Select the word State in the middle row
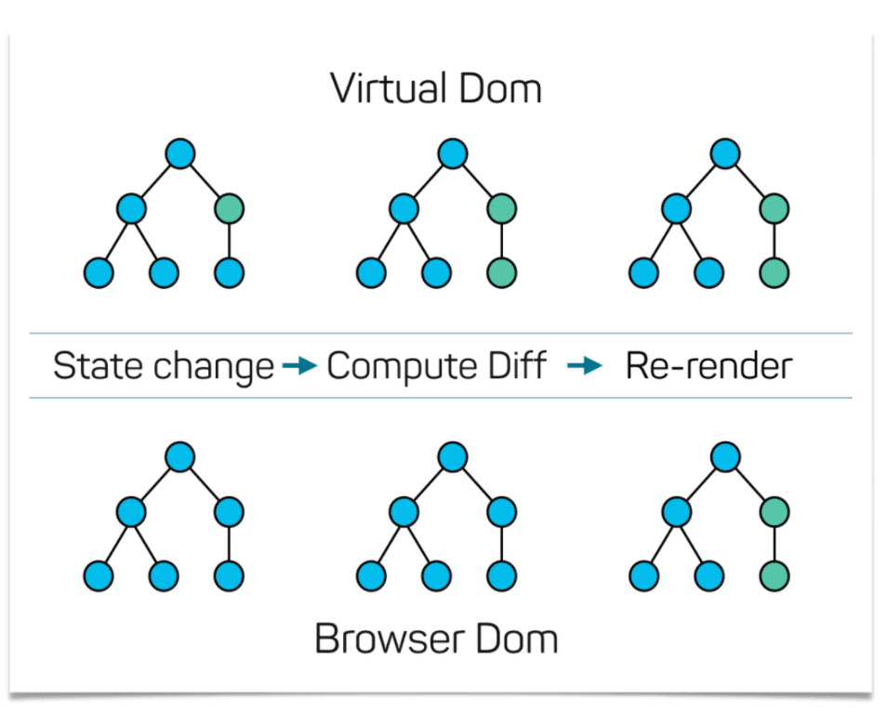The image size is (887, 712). click(88, 366)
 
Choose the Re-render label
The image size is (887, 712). click(708, 366)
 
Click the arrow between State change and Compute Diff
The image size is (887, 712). click(299, 367)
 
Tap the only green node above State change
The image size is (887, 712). click(229, 208)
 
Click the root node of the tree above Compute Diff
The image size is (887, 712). click(453, 153)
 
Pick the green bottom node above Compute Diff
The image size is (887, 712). click(501, 273)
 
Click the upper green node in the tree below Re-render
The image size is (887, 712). click(774, 511)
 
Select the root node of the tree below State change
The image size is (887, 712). click(180, 456)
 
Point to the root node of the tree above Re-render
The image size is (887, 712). click(725, 153)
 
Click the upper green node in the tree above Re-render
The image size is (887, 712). click(774, 208)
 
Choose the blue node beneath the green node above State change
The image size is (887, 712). click(229, 273)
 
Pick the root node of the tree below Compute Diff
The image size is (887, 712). click(453, 456)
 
